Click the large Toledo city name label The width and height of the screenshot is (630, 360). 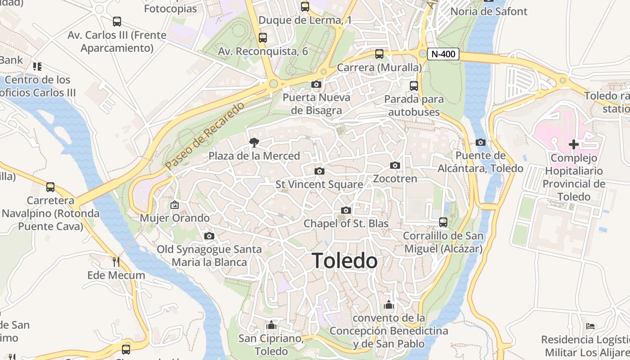(x=344, y=261)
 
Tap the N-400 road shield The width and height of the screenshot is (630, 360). (x=443, y=54)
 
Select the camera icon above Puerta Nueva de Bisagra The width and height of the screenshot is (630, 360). (x=316, y=84)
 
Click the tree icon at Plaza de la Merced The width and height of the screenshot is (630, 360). (x=254, y=143)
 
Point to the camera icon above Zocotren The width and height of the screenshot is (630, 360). (x=395, y=166)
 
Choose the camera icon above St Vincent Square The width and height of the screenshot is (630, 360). (x=319, y=171)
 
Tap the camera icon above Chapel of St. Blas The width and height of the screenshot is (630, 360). (x=346, y=210)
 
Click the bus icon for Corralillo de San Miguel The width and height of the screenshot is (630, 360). (x=443, y=222)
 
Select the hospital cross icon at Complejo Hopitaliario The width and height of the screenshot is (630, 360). (x=573, y=144)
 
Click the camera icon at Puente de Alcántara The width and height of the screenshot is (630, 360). (x=481, y=143)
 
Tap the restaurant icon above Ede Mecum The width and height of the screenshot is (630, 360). (x=116, y=261)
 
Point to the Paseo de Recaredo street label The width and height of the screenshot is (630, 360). (x=205, y=136)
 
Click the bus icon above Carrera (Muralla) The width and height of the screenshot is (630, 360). (x=379, y=54)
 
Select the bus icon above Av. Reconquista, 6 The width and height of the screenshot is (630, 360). (x=263, y=38)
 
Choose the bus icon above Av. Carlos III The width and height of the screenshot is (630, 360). (x=117, y=22)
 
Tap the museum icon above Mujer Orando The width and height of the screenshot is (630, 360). (x=175, y=205)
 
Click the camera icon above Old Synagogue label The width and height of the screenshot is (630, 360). (x=209, y=236)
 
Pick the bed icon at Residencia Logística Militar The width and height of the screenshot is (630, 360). (x=590, y=326)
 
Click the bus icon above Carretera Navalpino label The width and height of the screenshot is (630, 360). (x=50, y=187)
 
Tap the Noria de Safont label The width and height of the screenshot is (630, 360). (x=489, y=11)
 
